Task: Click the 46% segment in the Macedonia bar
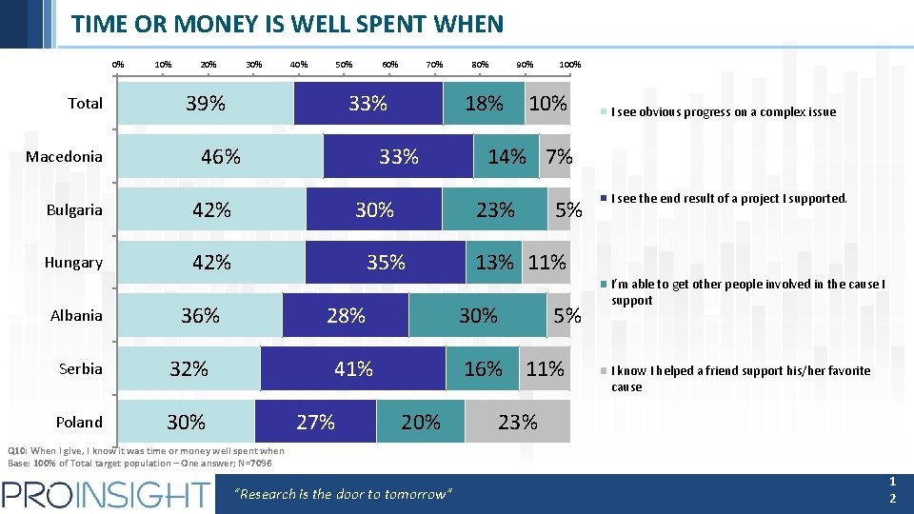[220, 156]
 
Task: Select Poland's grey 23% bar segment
[517, 422]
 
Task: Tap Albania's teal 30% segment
[478, 315]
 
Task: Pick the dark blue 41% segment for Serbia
[353, 368]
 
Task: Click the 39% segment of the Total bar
[206, 103]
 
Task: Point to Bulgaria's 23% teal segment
[495, 209]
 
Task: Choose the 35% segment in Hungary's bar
[386, 262]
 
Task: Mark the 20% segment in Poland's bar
[421, 422]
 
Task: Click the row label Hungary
[73, 263]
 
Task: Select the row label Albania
[76, 316]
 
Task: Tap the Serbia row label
[80, 369]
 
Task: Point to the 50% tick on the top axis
[344, 65]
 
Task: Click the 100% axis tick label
[570, 65]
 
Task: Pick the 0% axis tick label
[118, 65]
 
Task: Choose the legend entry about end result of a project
[728, 199]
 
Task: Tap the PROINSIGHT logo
[106, 494]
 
